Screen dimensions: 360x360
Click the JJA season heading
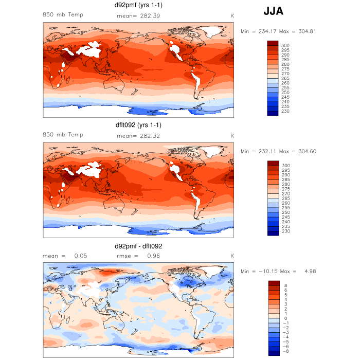(x=273, y=10)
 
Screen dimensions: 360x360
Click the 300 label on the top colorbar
(x=285, y=46)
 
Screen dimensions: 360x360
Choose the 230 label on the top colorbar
(x=285, y=111)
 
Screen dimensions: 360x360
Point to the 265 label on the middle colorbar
(x=285, y=198)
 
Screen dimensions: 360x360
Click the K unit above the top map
(x=232, y=15)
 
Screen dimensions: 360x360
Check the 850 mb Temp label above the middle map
(x=63, y=134)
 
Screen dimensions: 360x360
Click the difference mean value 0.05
(x=80, y=256)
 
